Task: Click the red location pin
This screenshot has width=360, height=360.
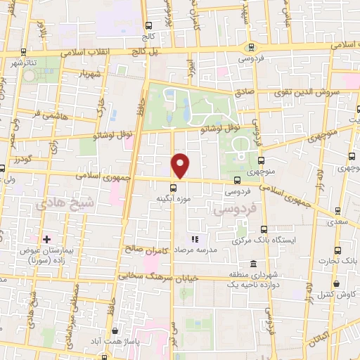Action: click(181, 165)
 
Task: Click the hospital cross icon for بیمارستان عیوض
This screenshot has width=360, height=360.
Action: click(47, 240)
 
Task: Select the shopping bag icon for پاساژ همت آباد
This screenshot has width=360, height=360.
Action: click(115, 330)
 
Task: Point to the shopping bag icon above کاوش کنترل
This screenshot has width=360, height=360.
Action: click(338, 283)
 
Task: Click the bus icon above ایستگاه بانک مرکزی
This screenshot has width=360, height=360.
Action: click(264, 229)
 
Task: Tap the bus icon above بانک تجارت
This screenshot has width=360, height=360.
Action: click(338, 250)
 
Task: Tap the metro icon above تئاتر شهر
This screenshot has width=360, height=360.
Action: click(24, 52)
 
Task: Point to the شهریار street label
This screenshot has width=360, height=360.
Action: click(96, 74)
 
